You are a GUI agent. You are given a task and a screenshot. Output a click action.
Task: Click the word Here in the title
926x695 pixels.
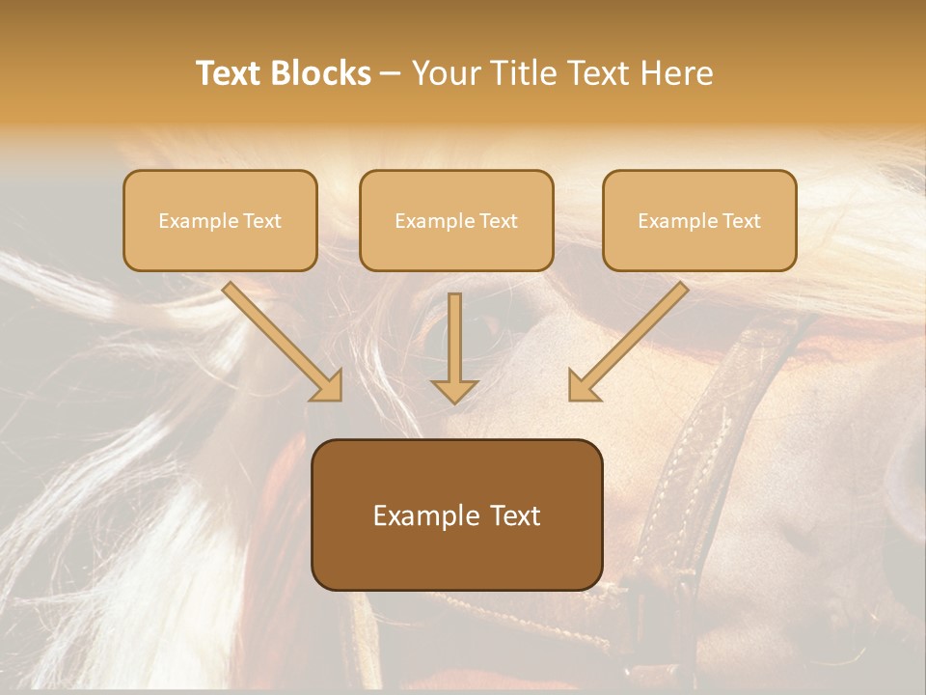(x=680, y=73)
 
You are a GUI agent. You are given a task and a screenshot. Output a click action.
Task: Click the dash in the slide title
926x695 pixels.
(x=392, y=74)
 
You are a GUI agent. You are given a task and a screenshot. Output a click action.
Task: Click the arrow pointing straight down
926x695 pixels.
(x=454, y=338)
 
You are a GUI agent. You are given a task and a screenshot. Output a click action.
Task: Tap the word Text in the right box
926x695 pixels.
(x=741, y=221)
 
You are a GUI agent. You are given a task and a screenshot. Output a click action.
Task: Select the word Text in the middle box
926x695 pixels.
(x=498, y=221)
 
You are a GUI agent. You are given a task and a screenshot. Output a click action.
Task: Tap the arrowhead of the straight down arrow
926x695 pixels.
(x=454, y=390)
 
